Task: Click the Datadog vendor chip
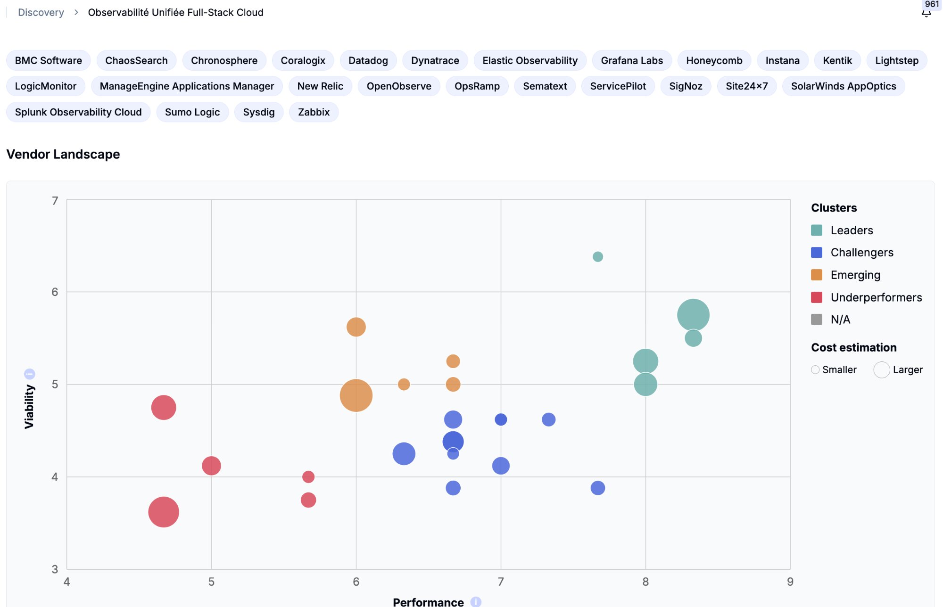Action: [368, 60]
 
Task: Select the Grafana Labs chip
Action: [631, 60]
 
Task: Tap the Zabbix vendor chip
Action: [314, 112]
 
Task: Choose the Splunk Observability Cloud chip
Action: [78, 112]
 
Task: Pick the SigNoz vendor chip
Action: [685, 86]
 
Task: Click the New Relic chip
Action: [320, 86]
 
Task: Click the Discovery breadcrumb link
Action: [41, 13]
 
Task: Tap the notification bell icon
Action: [926, 13]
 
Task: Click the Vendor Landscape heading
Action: [63, 154]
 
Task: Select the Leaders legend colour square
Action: [817, 230]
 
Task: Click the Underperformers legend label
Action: [876, 297]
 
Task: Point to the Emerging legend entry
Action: [855, 275]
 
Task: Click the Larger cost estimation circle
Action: [881, 370]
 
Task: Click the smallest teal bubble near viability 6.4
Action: [597, 257]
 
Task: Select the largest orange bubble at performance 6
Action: [356, 395]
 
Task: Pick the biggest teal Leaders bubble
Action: [693, 315]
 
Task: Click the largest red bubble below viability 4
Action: [164, 512]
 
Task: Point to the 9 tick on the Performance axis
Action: [790, 582]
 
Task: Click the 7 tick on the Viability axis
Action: [55, 201]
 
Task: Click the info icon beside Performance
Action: [476, 602]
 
